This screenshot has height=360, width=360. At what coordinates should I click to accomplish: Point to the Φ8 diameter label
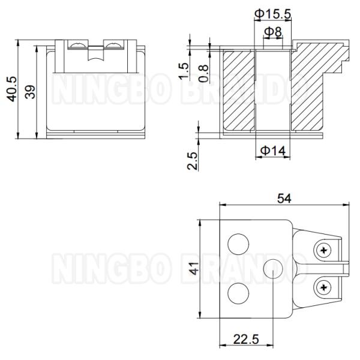pyautogui.click(x=274, y=31)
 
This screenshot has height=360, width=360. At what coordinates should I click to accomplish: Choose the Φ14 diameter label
pyautogui.click(x=272, y=152)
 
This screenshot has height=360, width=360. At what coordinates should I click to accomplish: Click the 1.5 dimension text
pyautogui.click(x=184, y=71)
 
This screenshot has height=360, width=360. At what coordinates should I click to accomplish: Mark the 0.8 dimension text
pyautogui.click(x=204, y=72)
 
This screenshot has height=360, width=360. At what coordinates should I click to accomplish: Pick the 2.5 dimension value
pyautogui.click(x=192, y=161)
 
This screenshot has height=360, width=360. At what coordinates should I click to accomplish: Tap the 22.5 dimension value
pyautogui.click(x=246, y=340)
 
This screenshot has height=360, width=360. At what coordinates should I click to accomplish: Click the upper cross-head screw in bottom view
pyautogui.click(x=324, y=250)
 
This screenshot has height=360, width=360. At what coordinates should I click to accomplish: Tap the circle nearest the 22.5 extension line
pyautogui.click(x=273, y=268)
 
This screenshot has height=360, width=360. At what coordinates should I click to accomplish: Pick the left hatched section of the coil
pyautogui.click(x=239, y=90)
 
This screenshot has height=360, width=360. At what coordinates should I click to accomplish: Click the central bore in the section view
pyautogui.click(x=273, y=90)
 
